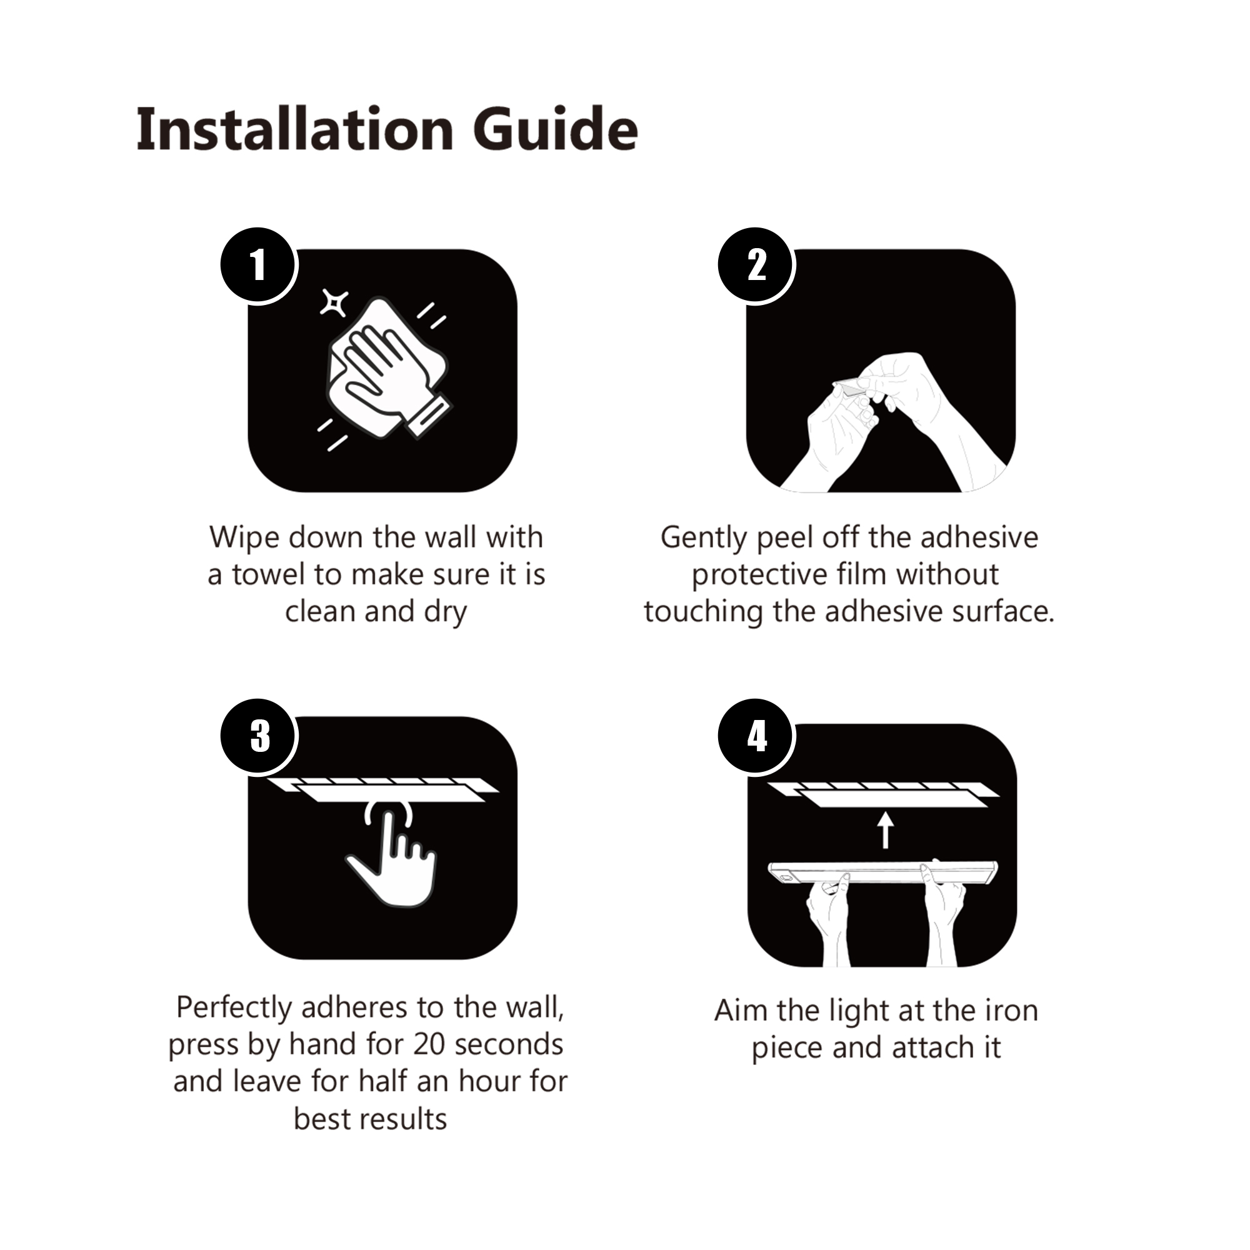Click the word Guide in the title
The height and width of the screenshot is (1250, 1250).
[556, 129]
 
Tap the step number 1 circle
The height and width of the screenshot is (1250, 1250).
[259, 265]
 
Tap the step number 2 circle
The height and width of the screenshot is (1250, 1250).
[756, 265]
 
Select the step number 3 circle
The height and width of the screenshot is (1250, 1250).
[259, 736]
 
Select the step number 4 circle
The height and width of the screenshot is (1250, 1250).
[756, 736]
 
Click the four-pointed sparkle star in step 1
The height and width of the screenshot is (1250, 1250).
[334, 302]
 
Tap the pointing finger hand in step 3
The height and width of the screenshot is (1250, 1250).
[392, 857]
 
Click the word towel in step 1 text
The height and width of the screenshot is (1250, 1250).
[269, 574]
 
